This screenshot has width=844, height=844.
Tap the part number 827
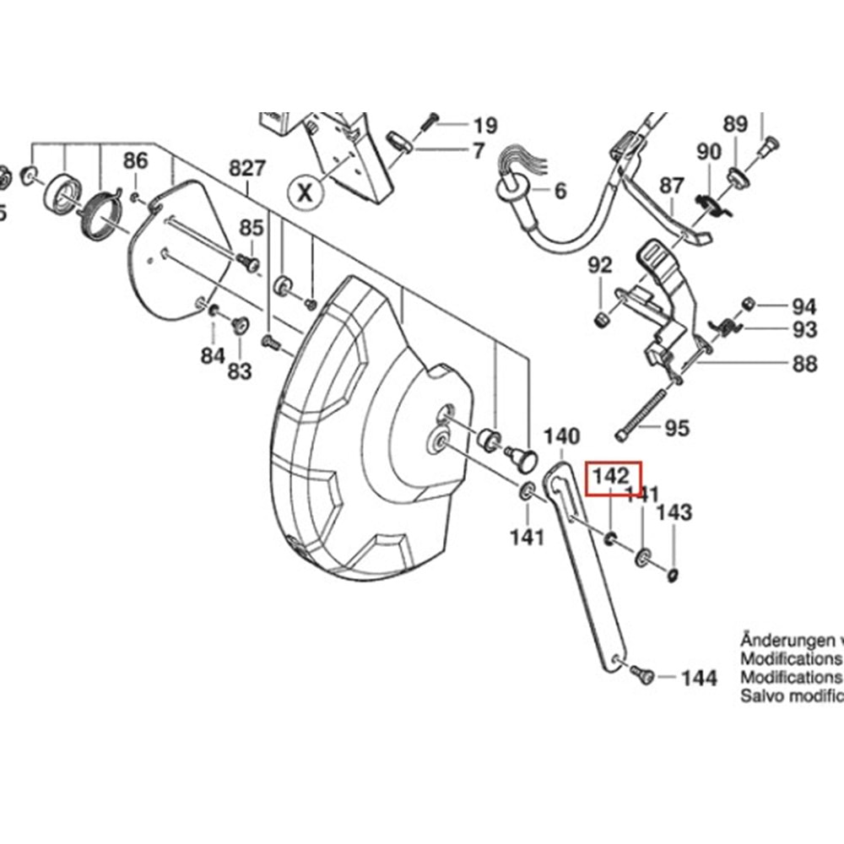[x=247, y=167]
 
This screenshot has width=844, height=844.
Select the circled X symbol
[x=306, y=192]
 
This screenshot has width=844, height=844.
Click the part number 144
[x=699, y=678]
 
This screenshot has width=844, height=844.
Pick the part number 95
[x=677, y=428]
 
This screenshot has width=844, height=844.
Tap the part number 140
[x=561, y=436]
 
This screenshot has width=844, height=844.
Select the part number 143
[x=674, y=512]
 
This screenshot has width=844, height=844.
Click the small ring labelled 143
[x=673, y=576]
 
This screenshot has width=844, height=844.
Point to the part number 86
[x=135, y=160]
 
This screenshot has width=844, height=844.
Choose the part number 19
[x=484, y=127]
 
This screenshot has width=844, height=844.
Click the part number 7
[x=479, y=152]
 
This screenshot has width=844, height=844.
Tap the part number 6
[x=560, y=191]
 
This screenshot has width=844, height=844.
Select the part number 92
[x=600, y=266]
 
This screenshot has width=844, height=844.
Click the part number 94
[x=803, y=306]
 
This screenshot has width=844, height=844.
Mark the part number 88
[x=804, y=364]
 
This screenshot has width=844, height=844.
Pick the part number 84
[x=212, y=356]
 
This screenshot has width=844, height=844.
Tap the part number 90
[x=709, y=152]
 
